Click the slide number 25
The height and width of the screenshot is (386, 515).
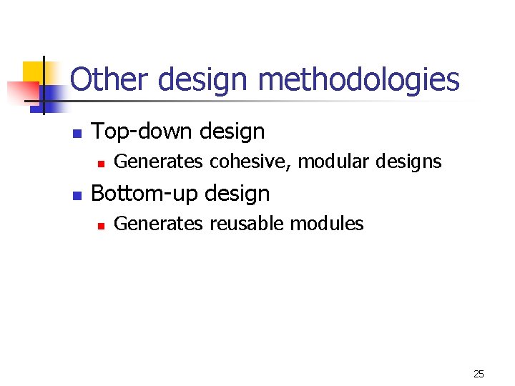click(479, 374)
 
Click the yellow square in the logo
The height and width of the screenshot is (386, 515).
click(34, 73)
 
